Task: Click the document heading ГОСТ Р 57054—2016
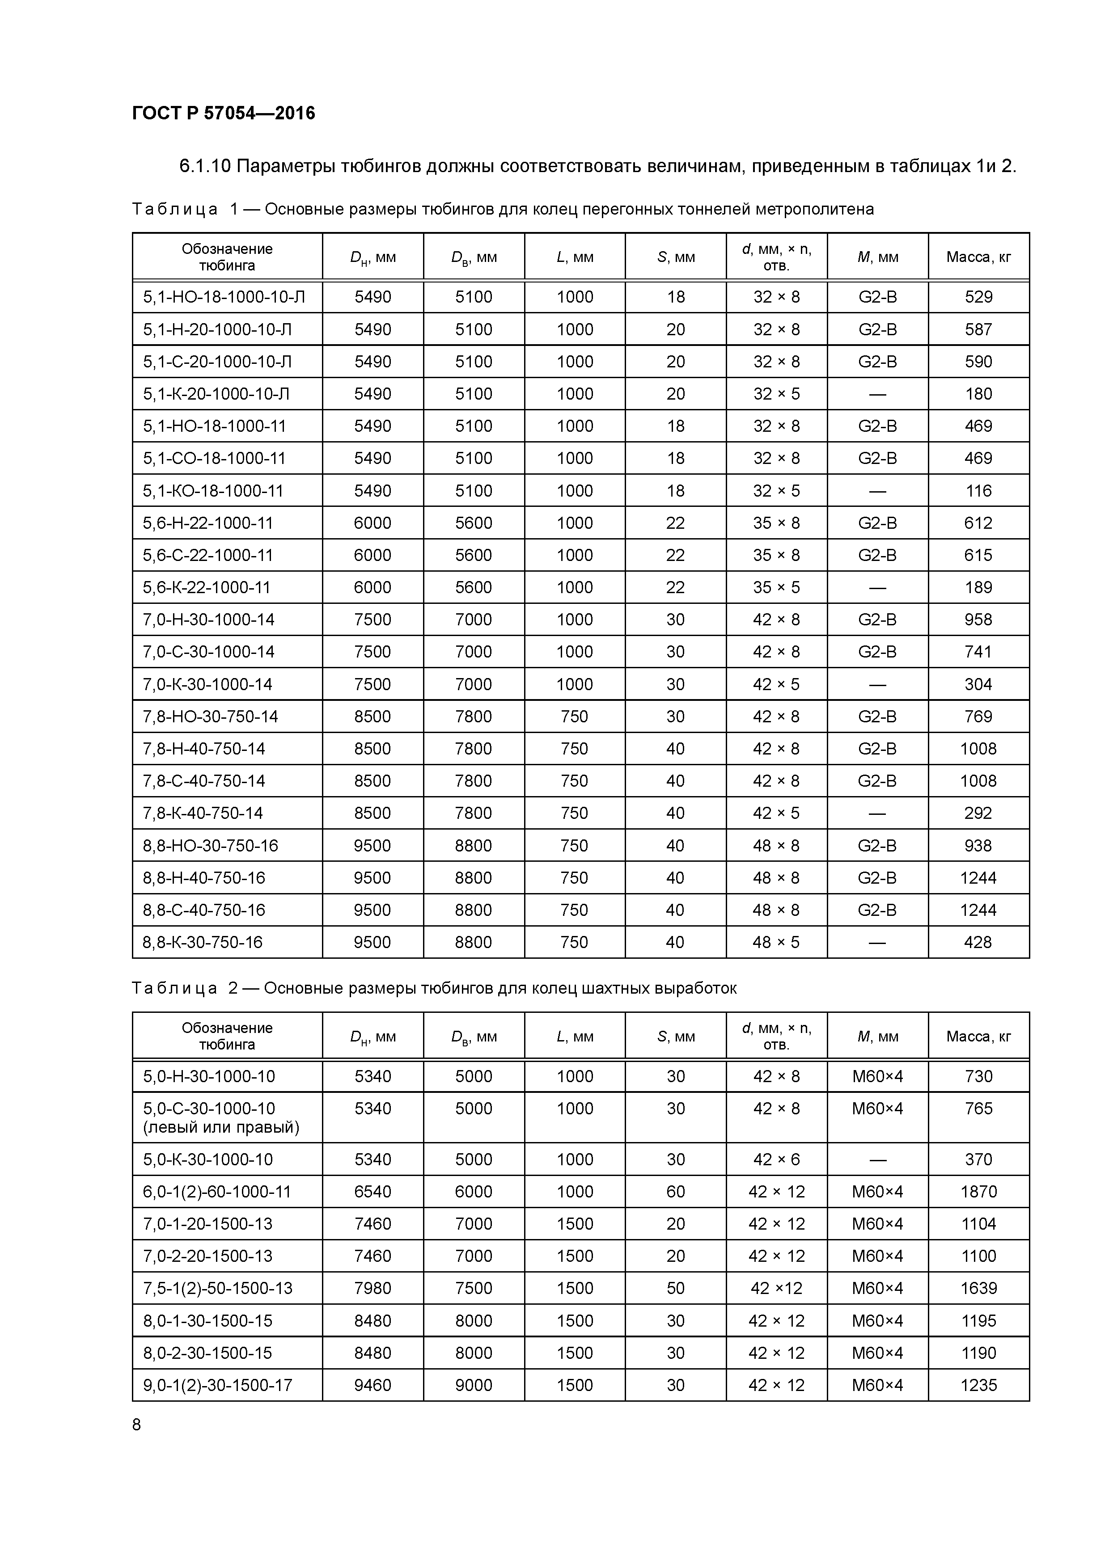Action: (224, 114)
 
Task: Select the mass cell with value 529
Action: (978, 297)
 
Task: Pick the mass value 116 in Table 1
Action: (978, 491)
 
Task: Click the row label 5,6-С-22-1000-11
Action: (208, 555)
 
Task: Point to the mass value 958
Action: (978, 620)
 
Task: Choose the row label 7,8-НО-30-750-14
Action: (211, 717)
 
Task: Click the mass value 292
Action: (978, 814)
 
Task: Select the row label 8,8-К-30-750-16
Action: (203, 942)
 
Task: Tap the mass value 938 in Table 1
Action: (978, 846)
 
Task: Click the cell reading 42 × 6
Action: (776, 1159)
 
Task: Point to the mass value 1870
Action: (978, 1192)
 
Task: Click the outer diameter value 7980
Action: (372, 1288)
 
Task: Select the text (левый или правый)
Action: (221, 1127)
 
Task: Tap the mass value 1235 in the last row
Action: (978, 1385)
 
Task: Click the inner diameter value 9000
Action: (474, 1385)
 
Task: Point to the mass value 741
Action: (978, 652)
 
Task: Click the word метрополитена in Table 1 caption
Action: (814, 209)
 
